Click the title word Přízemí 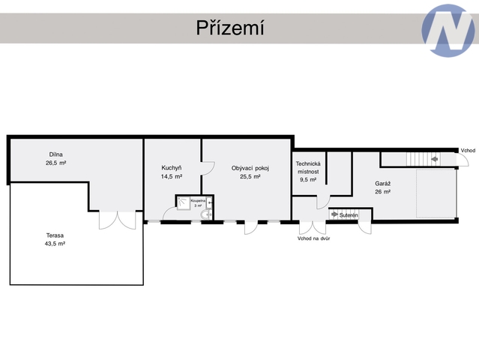230,28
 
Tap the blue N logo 448,31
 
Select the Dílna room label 56,154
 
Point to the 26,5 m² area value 56,163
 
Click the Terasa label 55,235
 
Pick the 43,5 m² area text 55,244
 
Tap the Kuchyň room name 172,168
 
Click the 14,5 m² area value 172,176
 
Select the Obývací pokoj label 250,168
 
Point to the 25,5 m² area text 250,176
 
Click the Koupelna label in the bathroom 198,201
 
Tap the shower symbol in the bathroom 184,203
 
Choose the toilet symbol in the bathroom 206,214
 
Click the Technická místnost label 308,168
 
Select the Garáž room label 383,184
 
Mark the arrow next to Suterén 334,214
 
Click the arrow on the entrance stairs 435,159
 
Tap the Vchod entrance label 468,150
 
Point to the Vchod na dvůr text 314,238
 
